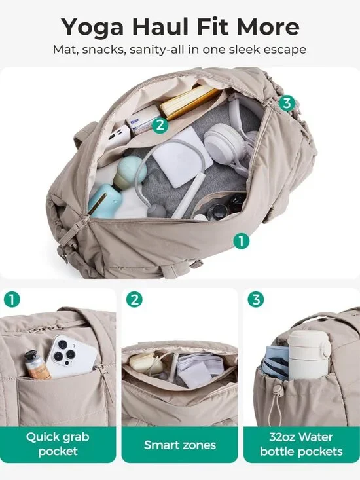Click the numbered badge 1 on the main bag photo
click(x=242, y=241)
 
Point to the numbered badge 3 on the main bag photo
click(x=286, y=103)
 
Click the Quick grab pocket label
click(x=58, y=443)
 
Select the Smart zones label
click(x=179, y=445)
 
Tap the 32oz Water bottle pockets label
click(x=301, y=443)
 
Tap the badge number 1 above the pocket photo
click(x=12, y=300)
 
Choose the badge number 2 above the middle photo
click(x=134, y=300)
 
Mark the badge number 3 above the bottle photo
click(x=256, y=300)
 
